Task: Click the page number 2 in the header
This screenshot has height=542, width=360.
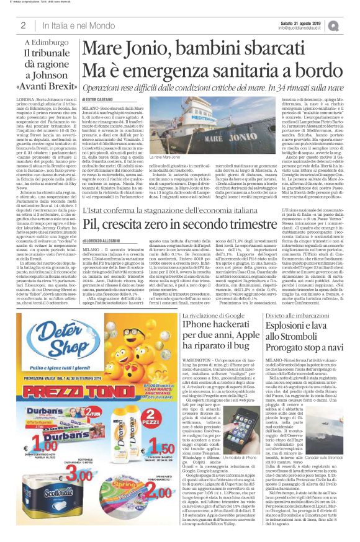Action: (22, 25)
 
